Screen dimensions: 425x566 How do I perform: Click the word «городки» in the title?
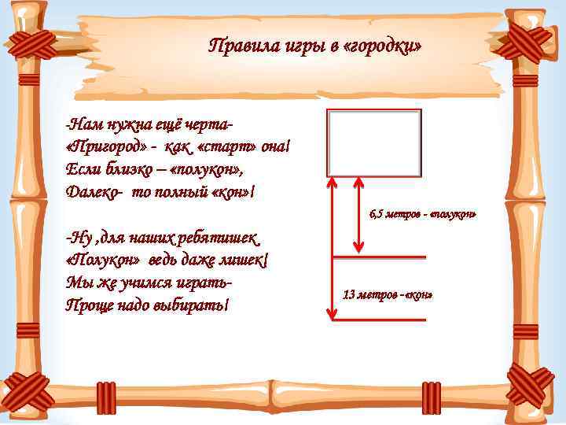pyautogui.click(x=387, y=46)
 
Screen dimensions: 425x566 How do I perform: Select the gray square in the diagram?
pyautogui.click(x=374, y=142)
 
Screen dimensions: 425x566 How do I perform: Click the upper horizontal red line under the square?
pyautogui.click(x=380, y=257)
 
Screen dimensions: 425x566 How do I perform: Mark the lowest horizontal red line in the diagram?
pyautogui.click(x=380, y=320)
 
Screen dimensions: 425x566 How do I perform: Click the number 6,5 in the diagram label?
pyautogui.click(x=377, y=215)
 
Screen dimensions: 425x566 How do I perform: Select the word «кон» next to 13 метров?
pyautogui.click(x=421, y=296)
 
